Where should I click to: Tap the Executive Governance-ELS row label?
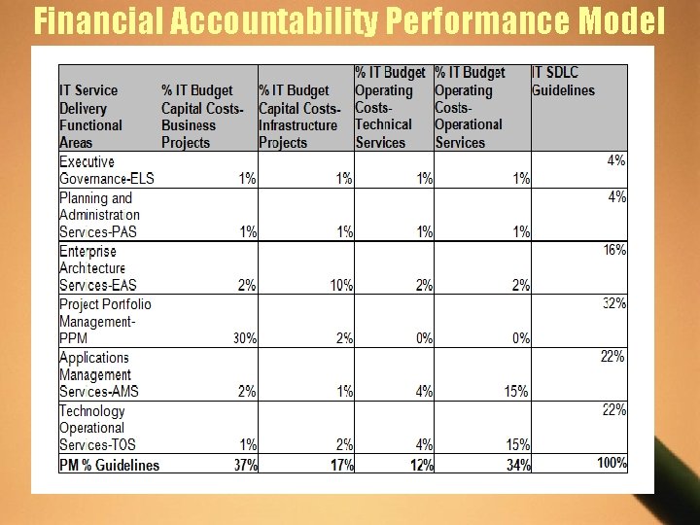click(x=107, y=170)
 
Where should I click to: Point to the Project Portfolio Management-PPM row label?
click(x=105, y=321)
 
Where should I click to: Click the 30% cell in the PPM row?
click(x=245, y=338)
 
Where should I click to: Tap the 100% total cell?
click(x=612, y=463)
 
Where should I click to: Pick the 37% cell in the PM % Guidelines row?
click(x=245, y=465)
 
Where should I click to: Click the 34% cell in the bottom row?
click(x=518, y=465)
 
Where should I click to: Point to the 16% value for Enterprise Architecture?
click(x=613, y=250)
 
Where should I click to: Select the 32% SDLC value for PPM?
click(x=613, y=303)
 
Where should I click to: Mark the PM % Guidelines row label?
click(x=109, y=465)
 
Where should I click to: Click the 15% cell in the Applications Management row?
click(x=516, y=391)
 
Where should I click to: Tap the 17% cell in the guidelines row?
click(x=341, y=465)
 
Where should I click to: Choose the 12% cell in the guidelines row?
click(x=421, y=465)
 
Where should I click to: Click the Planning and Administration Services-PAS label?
click(x=100, y=215)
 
